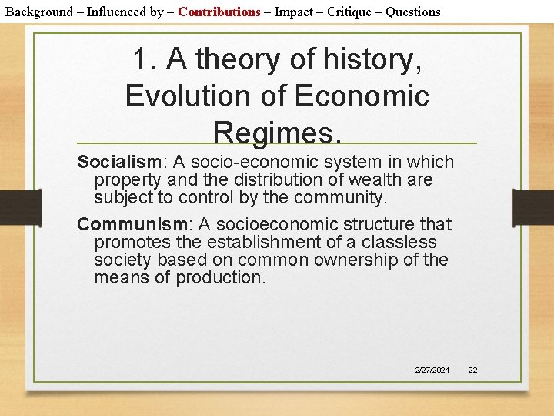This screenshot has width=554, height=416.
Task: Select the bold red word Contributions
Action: tap(219, 12)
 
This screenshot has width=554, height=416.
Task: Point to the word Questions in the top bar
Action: tap(413, 12)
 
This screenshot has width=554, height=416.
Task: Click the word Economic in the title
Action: tap(361, 96)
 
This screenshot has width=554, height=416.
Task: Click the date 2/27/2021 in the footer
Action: tap(432, 371)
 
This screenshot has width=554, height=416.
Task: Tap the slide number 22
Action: tap(472, 371)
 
